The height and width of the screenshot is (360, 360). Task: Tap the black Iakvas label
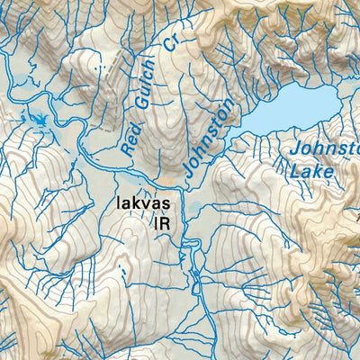coord(144,203)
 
